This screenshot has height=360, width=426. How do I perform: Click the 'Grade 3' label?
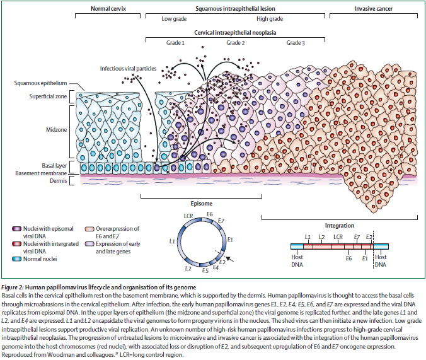296,43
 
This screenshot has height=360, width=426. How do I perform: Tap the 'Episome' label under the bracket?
202,204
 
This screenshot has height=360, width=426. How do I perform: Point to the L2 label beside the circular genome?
180,269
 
